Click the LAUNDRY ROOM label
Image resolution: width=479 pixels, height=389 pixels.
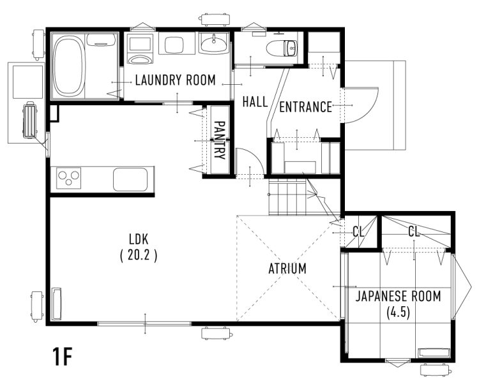(176, 80)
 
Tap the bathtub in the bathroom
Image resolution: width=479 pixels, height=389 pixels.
(69, 66)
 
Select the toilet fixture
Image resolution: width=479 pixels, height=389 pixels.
(282, 48)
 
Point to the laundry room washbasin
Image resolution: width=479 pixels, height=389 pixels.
(214, 43)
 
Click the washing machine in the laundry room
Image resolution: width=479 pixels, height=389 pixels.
(140, 49)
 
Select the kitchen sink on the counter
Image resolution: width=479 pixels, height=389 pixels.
(130, 179)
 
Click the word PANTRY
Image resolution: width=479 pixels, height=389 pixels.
(220, 140)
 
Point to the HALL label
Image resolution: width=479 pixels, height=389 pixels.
(255, 101)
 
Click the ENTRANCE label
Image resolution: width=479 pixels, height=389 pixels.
(306, 107)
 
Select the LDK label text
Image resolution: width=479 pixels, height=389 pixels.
(139, 240)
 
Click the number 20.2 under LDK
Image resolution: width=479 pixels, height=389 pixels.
(139, 255)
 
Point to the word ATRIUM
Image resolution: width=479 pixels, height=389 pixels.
(287, 268)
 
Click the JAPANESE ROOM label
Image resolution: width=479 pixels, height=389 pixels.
(398, 297)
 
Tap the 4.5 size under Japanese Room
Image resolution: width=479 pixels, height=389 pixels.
(398, 312)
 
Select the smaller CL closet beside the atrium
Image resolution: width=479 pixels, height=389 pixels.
(359, 232)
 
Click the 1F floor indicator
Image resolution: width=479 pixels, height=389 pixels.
(63, 356)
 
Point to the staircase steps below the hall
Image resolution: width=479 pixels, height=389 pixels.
(287, 198)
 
